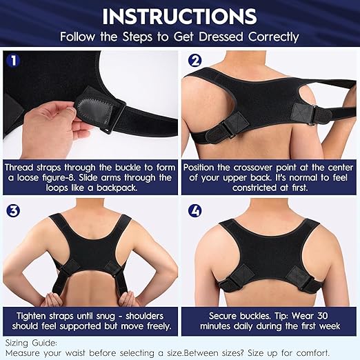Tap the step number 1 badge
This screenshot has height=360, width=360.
click(x=11, y=61)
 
